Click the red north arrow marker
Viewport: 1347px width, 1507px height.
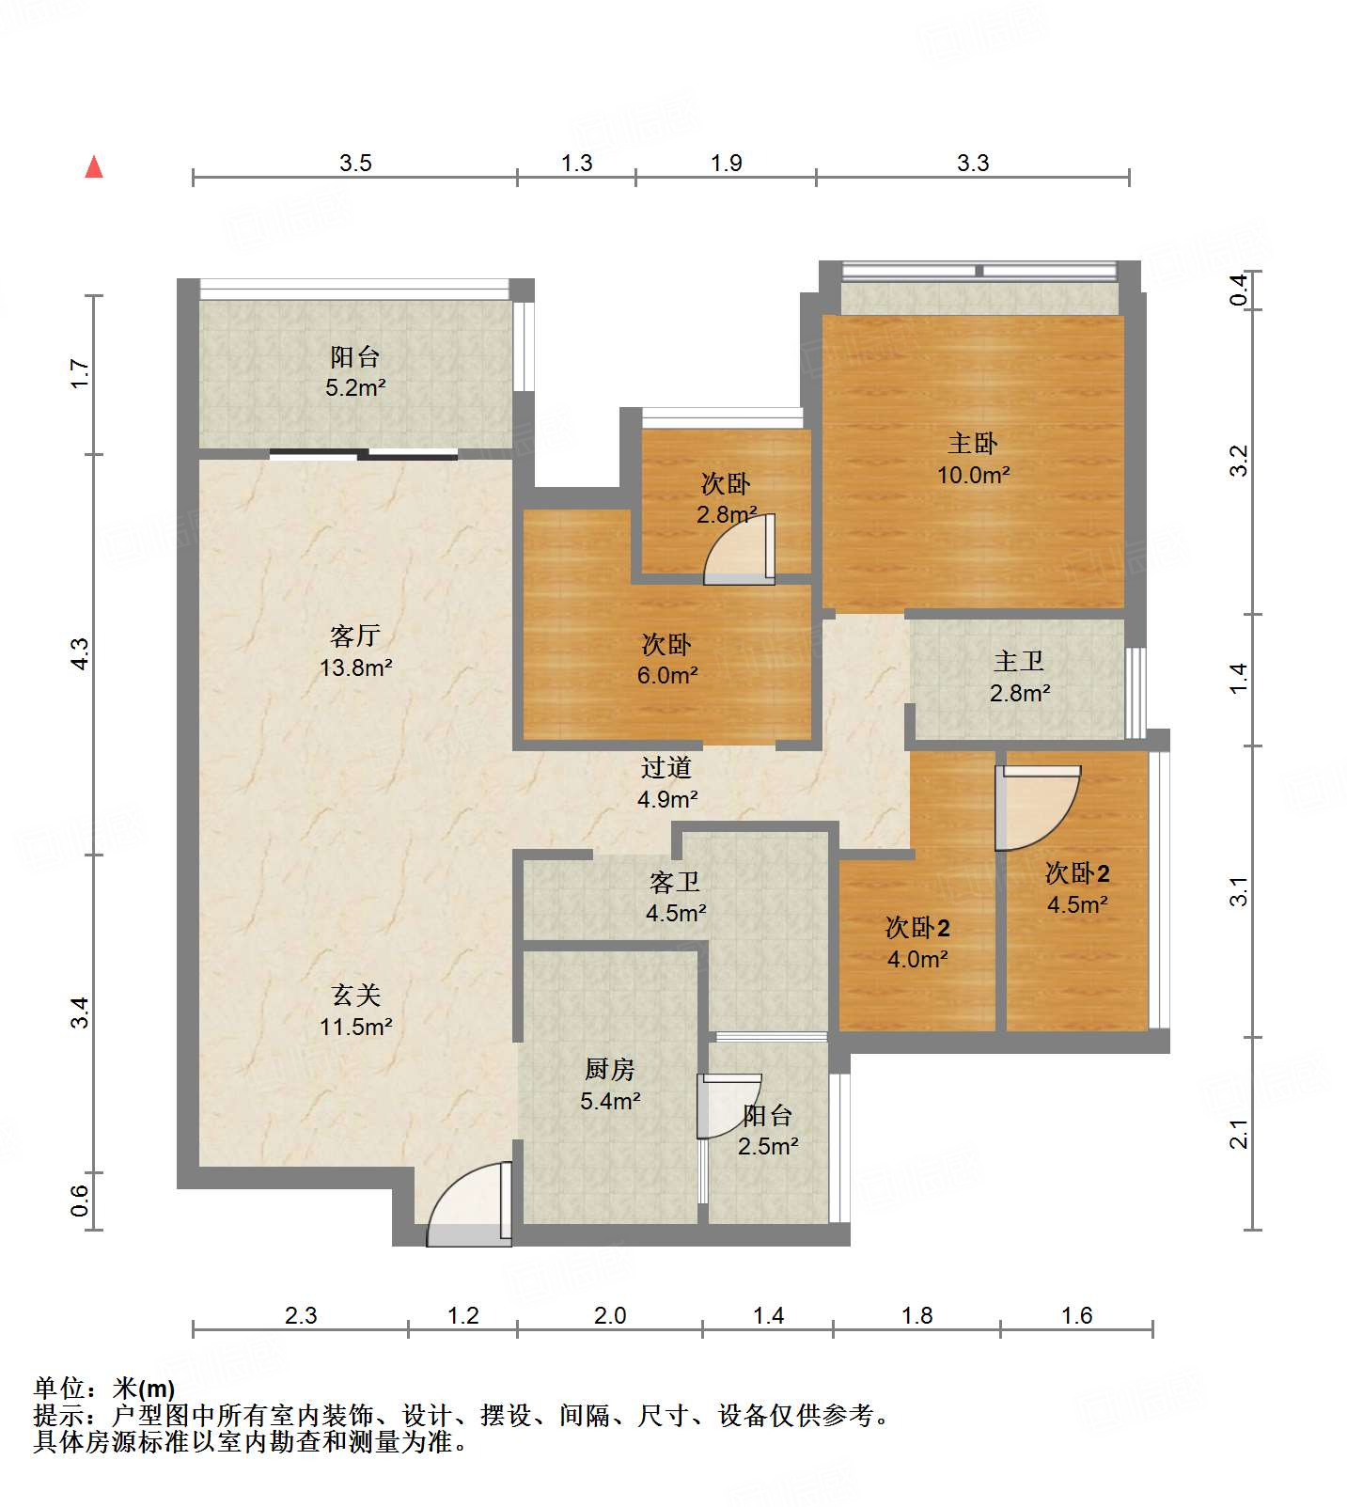point(94,166)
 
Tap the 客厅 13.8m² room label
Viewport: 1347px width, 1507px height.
point(355,651)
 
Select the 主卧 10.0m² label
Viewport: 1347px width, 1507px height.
point(973,459)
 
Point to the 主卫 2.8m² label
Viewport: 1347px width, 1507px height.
point(1020,677)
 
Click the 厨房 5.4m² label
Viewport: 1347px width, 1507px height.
point(610,1085)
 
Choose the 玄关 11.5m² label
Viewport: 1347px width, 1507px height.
point(355,1011)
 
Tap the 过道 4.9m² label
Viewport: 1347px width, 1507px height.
point(666,783)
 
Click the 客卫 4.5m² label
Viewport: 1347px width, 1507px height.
point(675,897)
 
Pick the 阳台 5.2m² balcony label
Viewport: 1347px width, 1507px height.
point(355,371)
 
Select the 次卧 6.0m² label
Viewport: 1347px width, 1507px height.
point(666,659)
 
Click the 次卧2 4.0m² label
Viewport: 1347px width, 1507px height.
point(917,943)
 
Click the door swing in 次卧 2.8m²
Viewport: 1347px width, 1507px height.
point(740,549)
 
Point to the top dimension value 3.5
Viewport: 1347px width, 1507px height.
point(355,163)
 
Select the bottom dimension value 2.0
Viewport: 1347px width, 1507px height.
point(610,1315)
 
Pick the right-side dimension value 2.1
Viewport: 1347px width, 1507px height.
point(1239,1134)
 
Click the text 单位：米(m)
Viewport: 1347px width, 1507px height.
point(104,1389)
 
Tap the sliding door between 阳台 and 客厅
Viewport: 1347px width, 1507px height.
point(364,455)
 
